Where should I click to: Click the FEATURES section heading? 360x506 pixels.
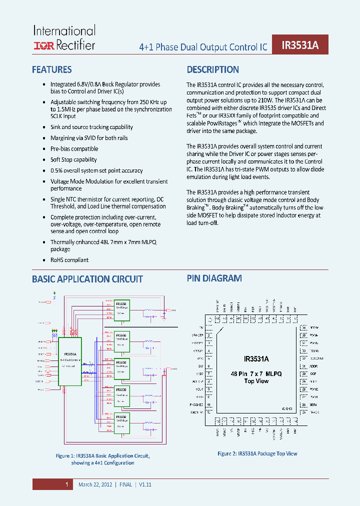pyautogui.click(x=52, y=70)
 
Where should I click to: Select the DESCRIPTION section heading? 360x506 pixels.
pyautogui.click(x=213, y=70)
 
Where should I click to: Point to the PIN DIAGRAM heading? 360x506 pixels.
pyautogui.click(x=214, y=278)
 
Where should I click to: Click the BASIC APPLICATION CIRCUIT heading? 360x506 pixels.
pyautogui.click(x=87, y=279)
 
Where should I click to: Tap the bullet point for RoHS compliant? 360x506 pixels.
pyautogui.click(x=43, y=260)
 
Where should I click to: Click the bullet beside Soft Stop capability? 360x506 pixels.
pyautogui.click(x=43, y=160)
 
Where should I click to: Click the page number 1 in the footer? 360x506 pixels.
pyautogui.click(x=66, y=484)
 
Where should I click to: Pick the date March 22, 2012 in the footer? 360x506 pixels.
pyautogui.click(x=95, y=484)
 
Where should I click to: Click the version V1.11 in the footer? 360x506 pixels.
pyautogui.click(x=144, y=484)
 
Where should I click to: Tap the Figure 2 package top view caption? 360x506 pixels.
pyautogui.click(x=257, y=453)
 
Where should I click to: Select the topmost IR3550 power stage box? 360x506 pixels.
pyautogui.click(x=122, y=310)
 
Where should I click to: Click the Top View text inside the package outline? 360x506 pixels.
pyautogui.click(x=256, y=381)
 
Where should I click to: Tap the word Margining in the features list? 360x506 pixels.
pyautogui.click(x=63, y=138)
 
